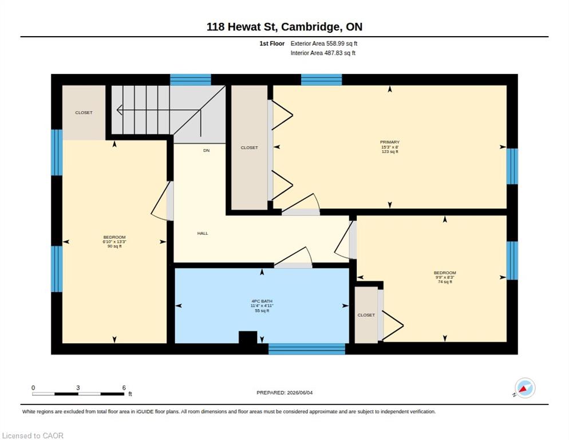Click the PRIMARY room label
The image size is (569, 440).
[x=390, y=142]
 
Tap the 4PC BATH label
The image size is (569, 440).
[x=262, y=301]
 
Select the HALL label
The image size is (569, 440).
[x=203, y=233]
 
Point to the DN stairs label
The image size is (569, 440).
[x=206, y=151]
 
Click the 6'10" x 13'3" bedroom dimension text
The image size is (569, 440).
[x=114, y=242]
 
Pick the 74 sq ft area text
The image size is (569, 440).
[x=445, y=282]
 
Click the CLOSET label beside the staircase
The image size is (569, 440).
[x=84, y=113]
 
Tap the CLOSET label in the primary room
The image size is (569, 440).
[x=250, y=147]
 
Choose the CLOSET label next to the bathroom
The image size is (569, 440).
[x=366, y=315]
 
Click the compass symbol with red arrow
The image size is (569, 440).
[x=525, y=388]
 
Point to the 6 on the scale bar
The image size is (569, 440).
[x=124, y=388]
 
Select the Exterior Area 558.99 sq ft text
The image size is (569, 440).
[x=323, y=44]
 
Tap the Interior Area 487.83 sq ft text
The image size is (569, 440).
[x=323, y=53]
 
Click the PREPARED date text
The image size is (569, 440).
[x=284, y=393]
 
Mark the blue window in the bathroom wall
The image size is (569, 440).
[x=307, y=349]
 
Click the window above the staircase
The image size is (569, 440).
[x=191, y=80]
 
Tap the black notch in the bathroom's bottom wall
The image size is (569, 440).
[x=248, y=337]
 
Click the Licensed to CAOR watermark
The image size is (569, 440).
[x=33, y=435]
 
